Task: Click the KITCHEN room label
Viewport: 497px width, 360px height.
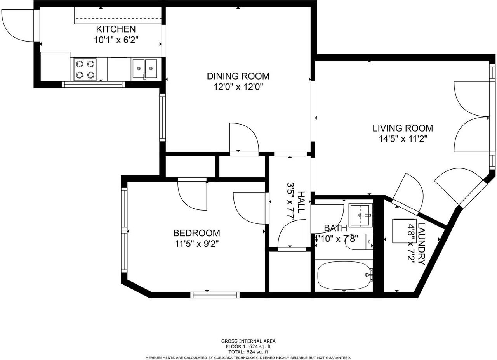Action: [116, 29]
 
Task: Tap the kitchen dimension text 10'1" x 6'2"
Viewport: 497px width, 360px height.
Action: [116, 40]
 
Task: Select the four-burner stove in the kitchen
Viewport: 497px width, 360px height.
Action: [85, 69]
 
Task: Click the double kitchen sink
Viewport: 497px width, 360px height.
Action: [144, 69]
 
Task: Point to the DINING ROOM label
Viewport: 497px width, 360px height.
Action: [238, 76]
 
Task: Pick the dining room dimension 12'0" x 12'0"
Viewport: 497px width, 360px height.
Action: [238, 87]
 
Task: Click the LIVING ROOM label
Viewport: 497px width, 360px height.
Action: [403, 128]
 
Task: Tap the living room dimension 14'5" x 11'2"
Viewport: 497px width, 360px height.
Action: [403, 138]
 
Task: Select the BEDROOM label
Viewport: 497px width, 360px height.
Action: [196, 233]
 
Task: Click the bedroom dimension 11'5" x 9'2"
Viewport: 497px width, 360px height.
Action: [196, 244]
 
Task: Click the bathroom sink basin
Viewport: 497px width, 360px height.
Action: [360, 215]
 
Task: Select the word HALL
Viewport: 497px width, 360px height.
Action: [301, 202]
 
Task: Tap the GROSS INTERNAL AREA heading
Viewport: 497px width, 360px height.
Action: [248, 341]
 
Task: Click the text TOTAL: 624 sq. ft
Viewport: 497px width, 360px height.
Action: [248, 352]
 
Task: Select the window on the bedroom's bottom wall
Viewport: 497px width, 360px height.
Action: [215, 295]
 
